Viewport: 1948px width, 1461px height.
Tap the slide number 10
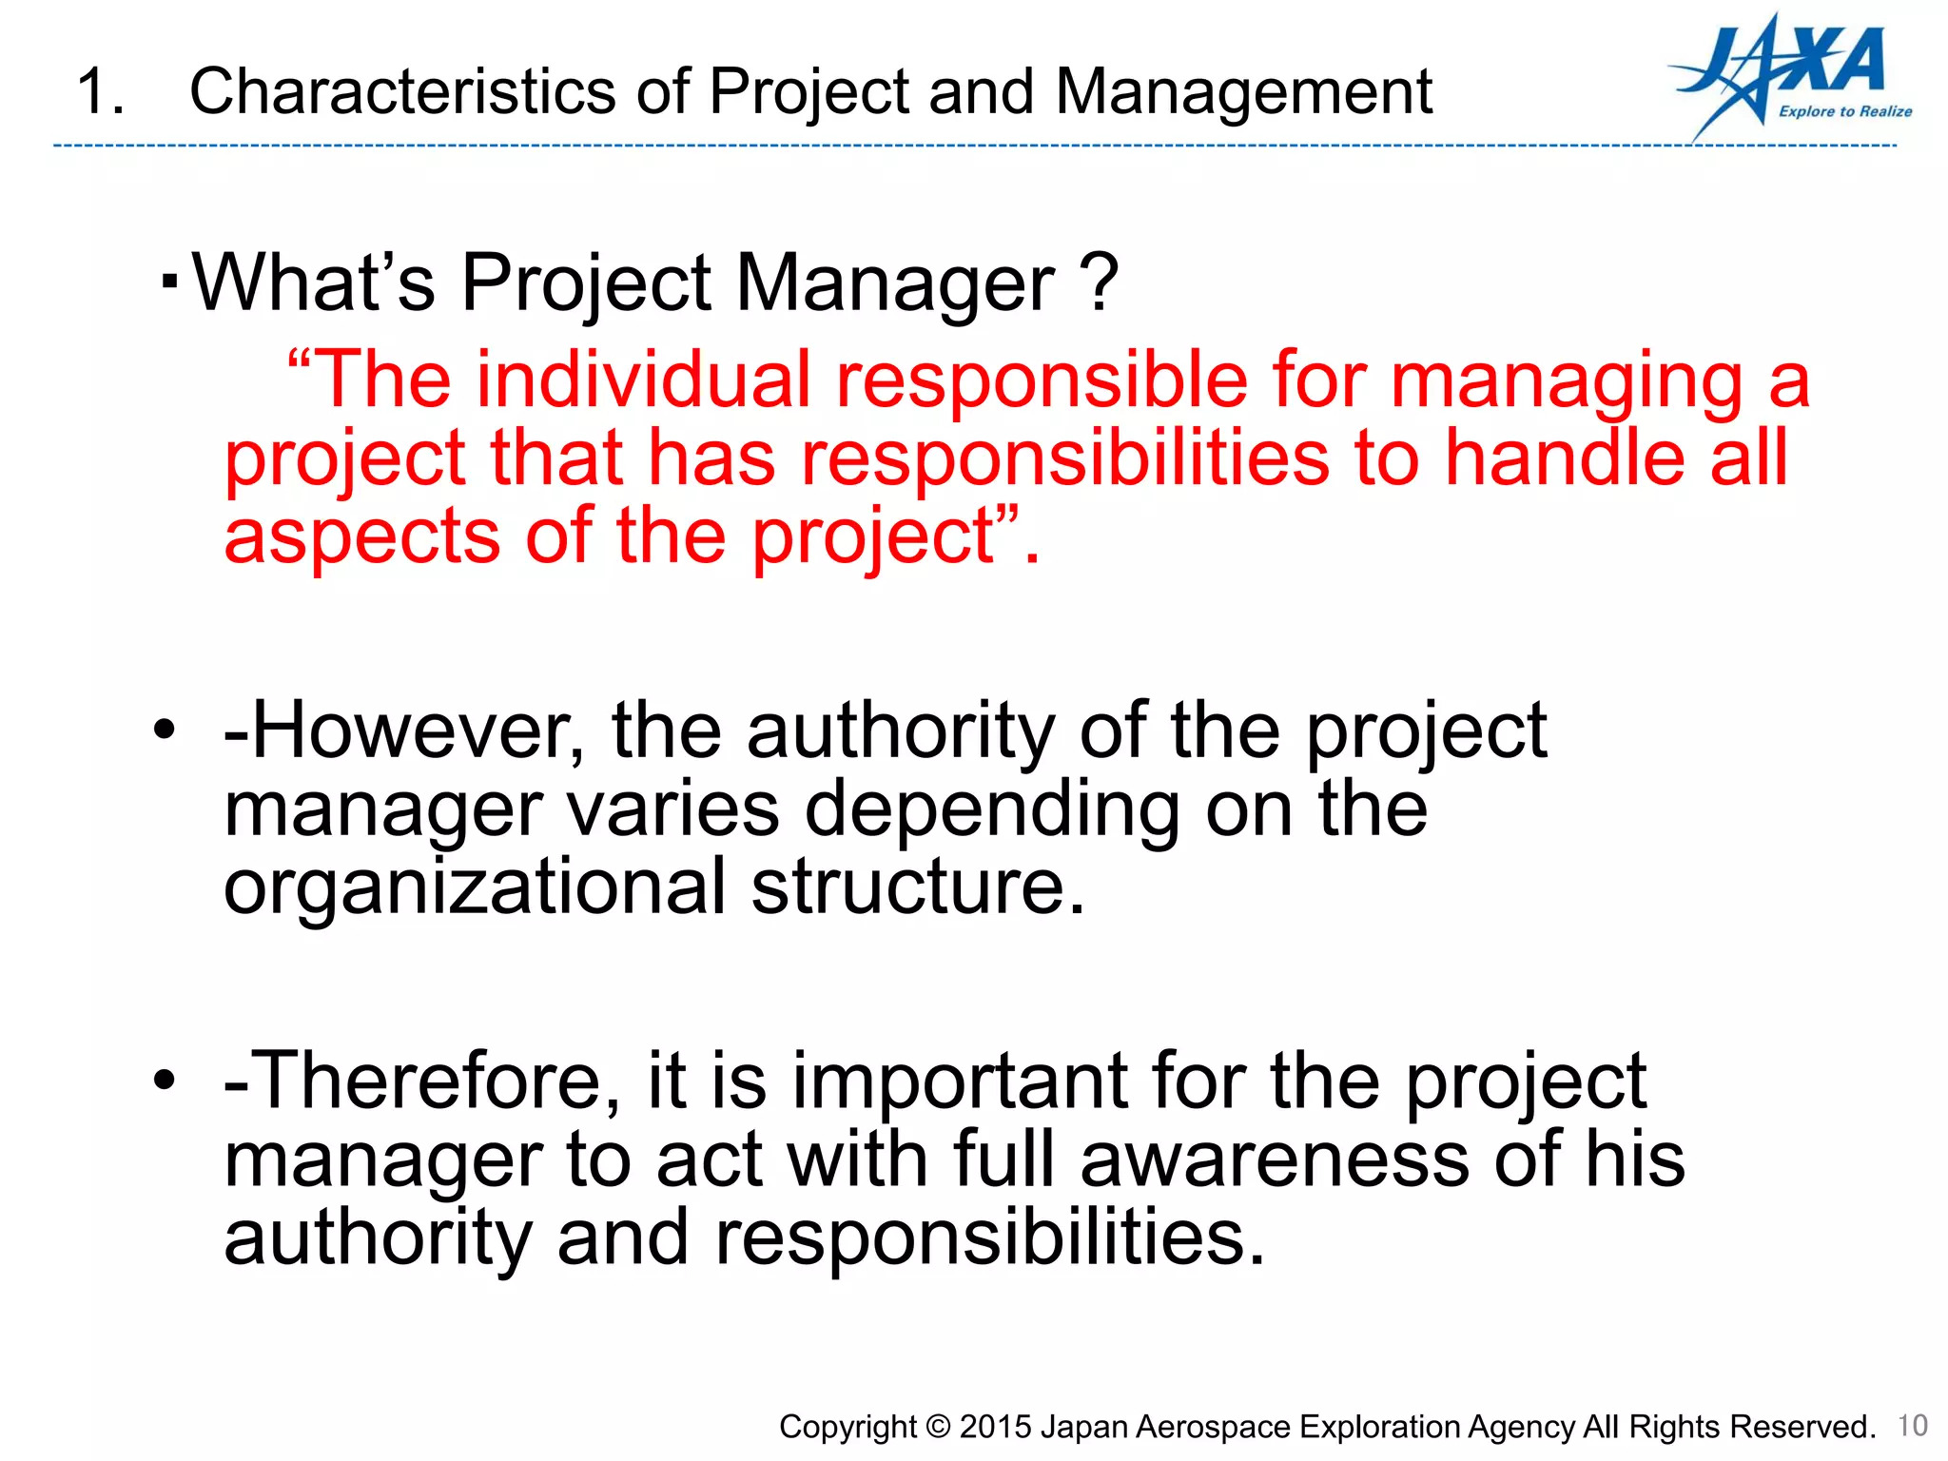(x=1912, y=1425)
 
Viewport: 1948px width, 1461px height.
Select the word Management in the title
(x=1243, y=92)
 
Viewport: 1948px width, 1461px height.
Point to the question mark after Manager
(x=1100, y=282)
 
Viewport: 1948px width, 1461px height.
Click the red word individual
(x=643, y=380)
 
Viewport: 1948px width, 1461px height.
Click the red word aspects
(x=361, y=537)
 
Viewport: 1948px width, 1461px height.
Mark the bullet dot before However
(x=165, y=730)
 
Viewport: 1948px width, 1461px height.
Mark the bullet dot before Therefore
(x=165, y=1081)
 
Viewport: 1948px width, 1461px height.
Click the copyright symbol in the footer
(x=938, y=1427)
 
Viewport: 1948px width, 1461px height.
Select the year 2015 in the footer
(x=996, y=1427)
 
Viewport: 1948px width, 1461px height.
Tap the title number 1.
(x=99, y=92)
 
